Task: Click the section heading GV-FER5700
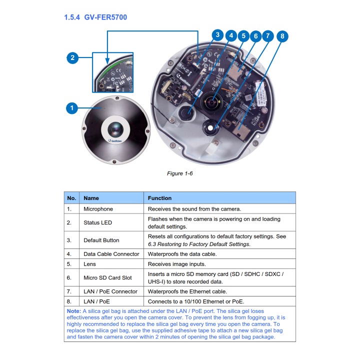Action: [x=95, y=17]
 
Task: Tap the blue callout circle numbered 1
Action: [x=72, y=107]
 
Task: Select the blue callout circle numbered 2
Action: [x=72, y=58]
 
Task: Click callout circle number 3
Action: [x=217, y=34]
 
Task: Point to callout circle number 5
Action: [x=243, y=36]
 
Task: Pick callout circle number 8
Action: [x=282, y=36]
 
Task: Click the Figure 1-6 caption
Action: [x=179, y=173]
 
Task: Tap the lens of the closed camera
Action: [x=114, y=129]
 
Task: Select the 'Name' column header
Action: [x=91, y=198]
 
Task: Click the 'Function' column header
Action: [x=159, y=198]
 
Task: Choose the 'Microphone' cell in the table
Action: [x=98, y=209]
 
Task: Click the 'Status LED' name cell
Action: [x=97, y=222]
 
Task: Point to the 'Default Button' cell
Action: [x=101, y=240]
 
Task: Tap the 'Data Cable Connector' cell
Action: [x=111, y=254]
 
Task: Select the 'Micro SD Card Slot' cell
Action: [x=107, y=277]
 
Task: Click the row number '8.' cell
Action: [x=70, y=301]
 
